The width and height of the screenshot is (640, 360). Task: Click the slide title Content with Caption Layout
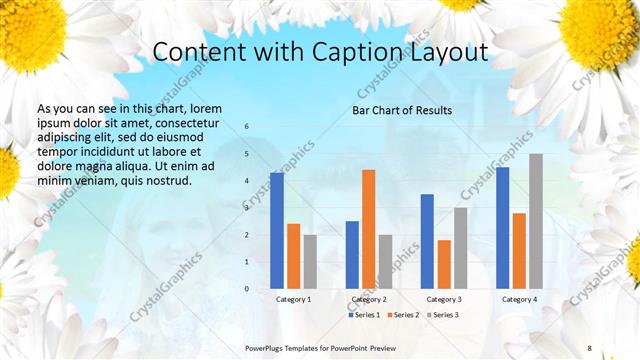click(320, 52)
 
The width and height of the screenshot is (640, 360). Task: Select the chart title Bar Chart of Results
click(401, 110)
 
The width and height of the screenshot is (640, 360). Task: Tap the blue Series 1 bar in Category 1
click(276, 230)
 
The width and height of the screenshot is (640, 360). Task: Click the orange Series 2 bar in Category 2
click(369, 229)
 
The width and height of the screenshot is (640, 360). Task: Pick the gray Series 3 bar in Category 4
click(536, 221)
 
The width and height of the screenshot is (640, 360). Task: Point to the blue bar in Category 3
click(427, 241)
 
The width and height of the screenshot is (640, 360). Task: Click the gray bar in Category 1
click(310, 261)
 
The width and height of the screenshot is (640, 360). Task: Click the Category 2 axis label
click(369, 299)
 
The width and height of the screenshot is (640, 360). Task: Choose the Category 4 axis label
click(519, 299)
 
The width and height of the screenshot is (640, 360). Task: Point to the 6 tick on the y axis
click(247, 127)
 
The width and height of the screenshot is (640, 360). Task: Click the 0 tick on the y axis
click(247, 288)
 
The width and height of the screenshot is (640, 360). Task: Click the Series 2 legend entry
click(404, 315)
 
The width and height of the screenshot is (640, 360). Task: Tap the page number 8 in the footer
click(589, 347)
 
